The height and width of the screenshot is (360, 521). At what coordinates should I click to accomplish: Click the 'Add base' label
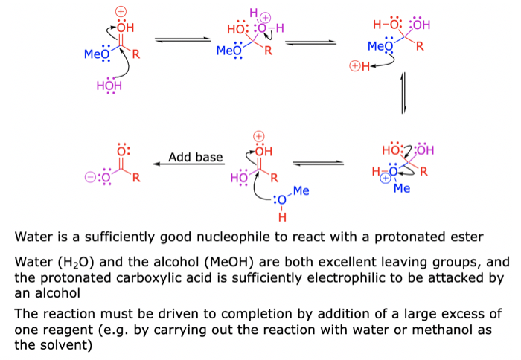coord(195,157)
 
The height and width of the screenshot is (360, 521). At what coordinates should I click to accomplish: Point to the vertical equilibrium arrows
coord(403,93)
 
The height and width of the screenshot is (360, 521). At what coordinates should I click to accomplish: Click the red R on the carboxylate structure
coord(137,178)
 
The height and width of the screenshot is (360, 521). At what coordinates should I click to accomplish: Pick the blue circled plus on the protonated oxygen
coord(385,179)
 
